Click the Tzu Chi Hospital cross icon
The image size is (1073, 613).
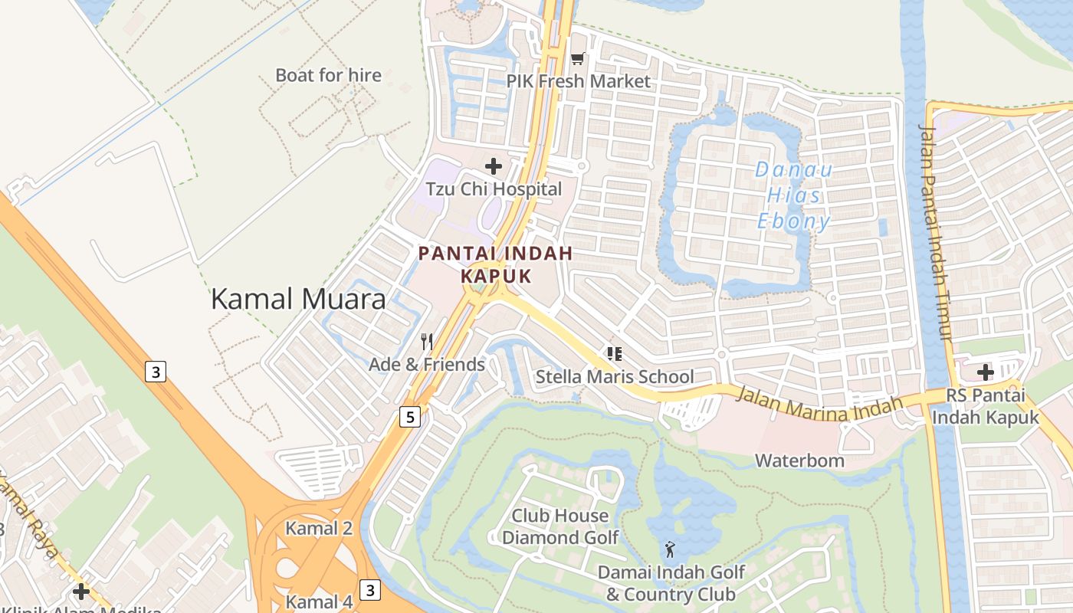[x=494, y=166]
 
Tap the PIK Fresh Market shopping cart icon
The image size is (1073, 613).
[x=578, y=59]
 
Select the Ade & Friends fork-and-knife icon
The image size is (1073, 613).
[x=427, y=342]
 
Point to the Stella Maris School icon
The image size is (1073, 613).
[x=614, y=353]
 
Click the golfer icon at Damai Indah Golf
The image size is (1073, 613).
[x=671, y=549]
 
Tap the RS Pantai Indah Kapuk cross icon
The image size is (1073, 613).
[x=986, y=373]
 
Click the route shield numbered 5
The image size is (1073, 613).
[x=411, y=417]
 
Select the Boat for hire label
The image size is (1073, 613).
[x=328, y=75]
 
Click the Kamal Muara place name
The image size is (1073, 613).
[x=298, y=299]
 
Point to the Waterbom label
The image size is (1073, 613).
[x=799, y=461]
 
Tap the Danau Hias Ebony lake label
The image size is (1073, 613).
[x=793, y=196]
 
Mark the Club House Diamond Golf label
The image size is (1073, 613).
[x=559, y=526]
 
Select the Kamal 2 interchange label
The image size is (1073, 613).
[x=319, y=528]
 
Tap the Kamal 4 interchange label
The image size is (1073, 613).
[x=319, y=601]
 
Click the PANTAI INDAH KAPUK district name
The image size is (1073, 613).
[x=496, y=264]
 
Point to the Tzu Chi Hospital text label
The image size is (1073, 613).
[x=494, y=189]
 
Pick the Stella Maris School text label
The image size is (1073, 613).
[x=614, y=376]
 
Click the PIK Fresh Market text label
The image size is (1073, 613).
[x=578, y=81]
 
